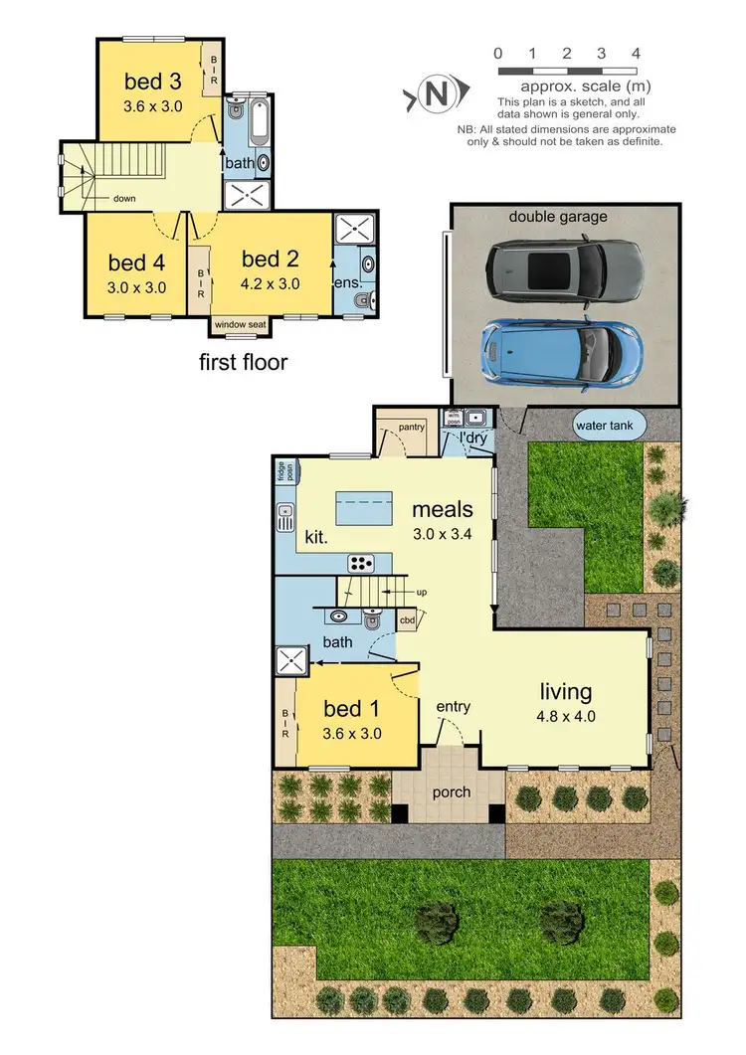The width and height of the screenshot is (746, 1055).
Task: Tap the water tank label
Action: (x=610, y=426)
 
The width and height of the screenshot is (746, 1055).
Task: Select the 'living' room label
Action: (x=566, y=691)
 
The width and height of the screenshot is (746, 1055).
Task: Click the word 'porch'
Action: (x=451, y=792)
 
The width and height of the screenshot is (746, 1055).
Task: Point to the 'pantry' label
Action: (x=411, y=428)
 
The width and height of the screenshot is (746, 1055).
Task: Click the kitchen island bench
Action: (x=365, y=508)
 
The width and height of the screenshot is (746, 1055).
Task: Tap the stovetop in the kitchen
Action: (x=360, y=564)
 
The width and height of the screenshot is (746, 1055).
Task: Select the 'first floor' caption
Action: (x=244, y=362)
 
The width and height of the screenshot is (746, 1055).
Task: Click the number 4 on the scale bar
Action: (x=636, y=53)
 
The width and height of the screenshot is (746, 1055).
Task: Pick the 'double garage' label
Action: (x=558, y=217)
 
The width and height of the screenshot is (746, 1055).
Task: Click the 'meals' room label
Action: (x=443, y=509)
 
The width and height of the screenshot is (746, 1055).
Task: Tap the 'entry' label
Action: (x=453, y=707)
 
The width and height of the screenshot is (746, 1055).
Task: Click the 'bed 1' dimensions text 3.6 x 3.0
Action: (x=353, y=734)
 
